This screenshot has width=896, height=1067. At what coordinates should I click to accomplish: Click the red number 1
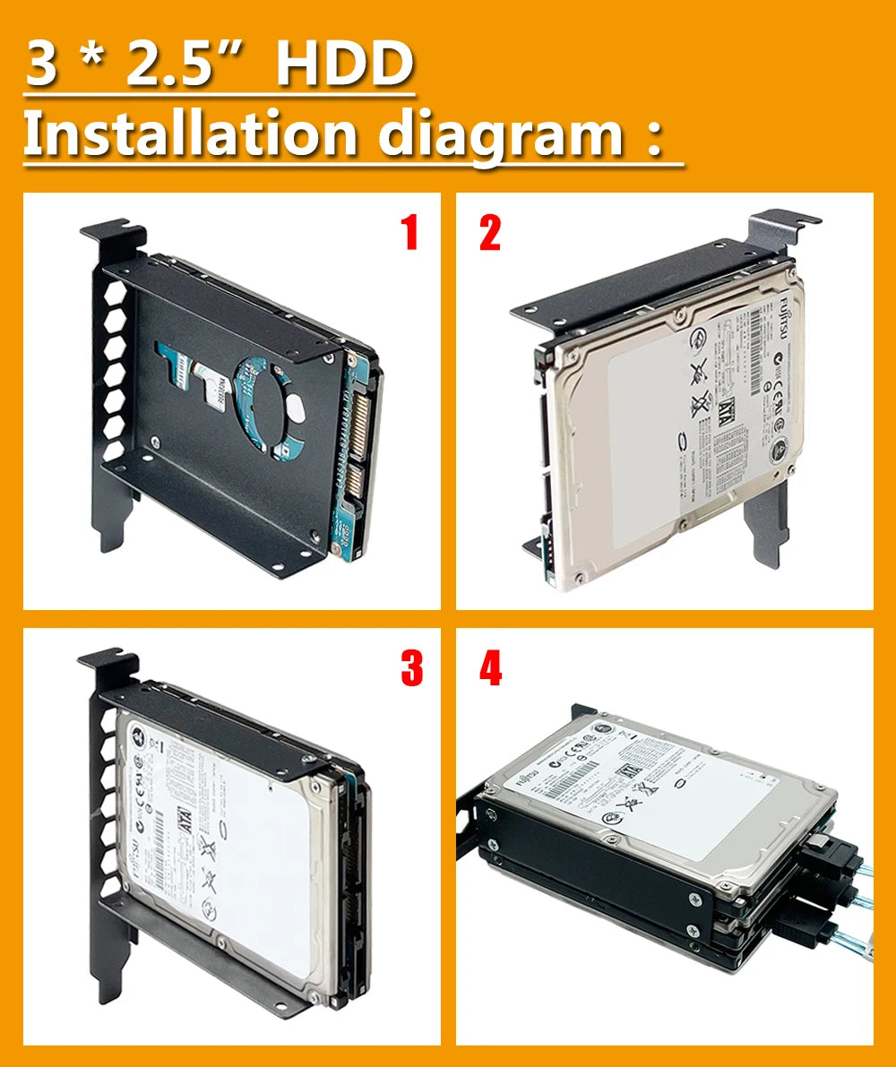click(x=409, y=233)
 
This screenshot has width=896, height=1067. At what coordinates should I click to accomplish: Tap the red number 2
click(x=490, y=233)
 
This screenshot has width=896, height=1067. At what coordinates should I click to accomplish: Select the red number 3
click(x=411, y=667)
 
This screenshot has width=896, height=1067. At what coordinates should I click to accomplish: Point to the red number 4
click(x=490, y=667)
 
